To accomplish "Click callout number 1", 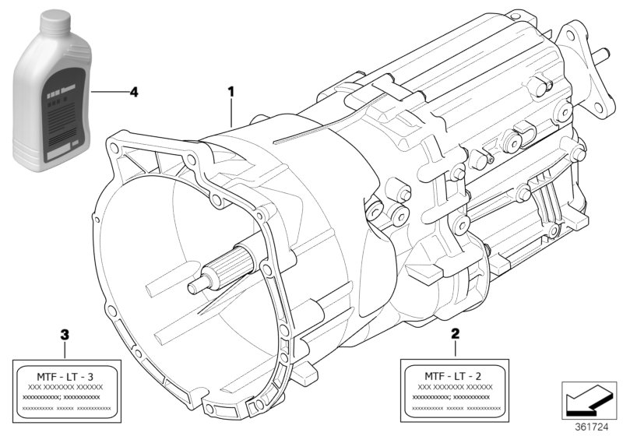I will (231, 91).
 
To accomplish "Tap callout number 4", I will (133, 92).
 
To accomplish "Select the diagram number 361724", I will (595, 426).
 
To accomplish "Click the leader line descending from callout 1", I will (231, 113).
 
